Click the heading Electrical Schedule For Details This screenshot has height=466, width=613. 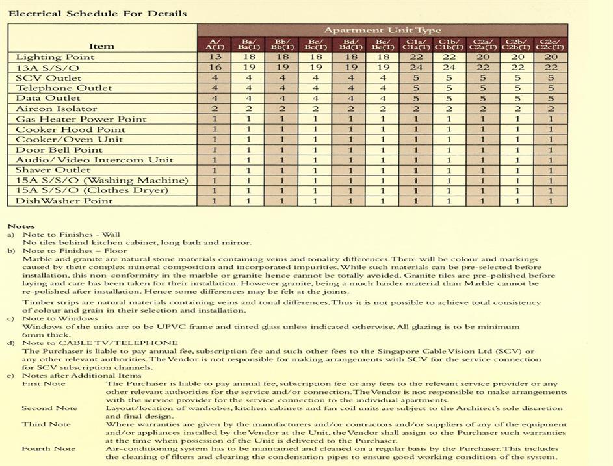pos(97,13)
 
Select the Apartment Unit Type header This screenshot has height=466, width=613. pos(382,30)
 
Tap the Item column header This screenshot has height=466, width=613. pos(101,45)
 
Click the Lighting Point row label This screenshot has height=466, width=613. pos(55,57)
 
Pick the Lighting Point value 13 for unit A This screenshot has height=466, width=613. pos(215,57)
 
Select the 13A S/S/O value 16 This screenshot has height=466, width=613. pos(215,67)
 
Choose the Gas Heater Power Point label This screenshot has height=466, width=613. pos(81,119)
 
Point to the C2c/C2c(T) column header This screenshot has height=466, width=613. pos(550,44)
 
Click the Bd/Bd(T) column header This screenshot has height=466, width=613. pos(348,44)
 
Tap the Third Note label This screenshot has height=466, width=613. pos(46,424)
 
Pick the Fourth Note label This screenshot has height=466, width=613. pos(48,448)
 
